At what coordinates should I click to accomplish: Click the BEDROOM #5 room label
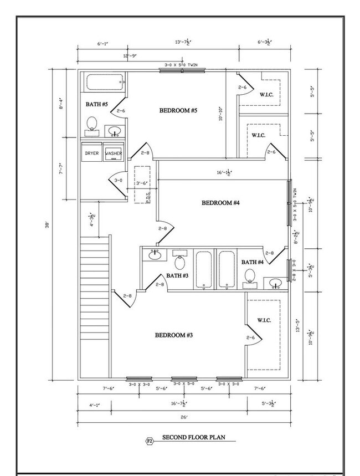178,111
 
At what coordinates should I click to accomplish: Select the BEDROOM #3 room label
173,335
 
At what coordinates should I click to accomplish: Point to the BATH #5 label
96,104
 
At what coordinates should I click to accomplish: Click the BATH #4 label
252,262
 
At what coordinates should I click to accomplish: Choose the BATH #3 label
178,275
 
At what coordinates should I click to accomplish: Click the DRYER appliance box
91,153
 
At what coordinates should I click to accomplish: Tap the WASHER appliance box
114,153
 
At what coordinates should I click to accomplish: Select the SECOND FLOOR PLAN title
193,437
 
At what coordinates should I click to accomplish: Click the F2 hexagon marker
149,441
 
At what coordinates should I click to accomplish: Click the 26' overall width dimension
183,417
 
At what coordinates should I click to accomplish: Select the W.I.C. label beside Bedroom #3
264,321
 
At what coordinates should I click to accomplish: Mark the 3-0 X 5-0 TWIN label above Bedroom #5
183,65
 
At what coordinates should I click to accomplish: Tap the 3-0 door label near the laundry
118,181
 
